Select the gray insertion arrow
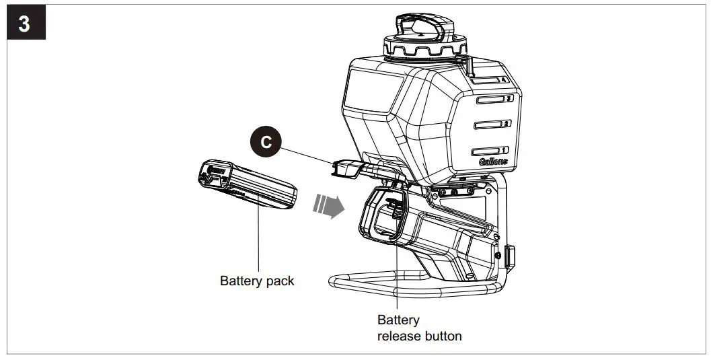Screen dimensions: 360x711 pyautogui.click(x=328, y=205)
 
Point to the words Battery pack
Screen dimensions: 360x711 pyautogui.click(x=257, y=281)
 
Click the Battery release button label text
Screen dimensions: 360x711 pyautogui.click(x=419, y=328)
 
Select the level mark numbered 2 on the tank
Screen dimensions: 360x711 pyautogui.click(x=491, y=124)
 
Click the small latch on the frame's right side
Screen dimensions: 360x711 pyautogui.click(x=509, y=255)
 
